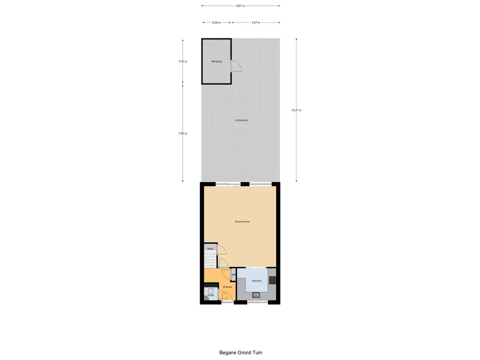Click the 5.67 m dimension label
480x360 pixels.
pos(240,6)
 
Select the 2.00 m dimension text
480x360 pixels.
pos(216,22)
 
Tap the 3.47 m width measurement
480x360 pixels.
pos(255,22)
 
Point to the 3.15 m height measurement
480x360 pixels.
pos(183,61)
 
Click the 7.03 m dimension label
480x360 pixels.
pos(183,134)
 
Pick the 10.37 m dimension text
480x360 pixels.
pos(296,110)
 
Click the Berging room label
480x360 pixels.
pos(216,61)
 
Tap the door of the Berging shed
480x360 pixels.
pos(236,67)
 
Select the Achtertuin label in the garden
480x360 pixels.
pos(241,120)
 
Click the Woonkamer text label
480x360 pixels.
pos(242,222)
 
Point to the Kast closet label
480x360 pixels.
pos(210,248)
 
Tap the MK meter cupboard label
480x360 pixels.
pos(233,275)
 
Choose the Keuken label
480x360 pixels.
pos(256,281)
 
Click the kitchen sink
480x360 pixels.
pos(256,295)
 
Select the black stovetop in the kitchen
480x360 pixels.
pos(272,280)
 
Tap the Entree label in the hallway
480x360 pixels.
pos(227,287)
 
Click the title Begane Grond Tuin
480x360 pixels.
pos(244,353)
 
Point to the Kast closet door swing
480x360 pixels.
pos(221,250)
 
